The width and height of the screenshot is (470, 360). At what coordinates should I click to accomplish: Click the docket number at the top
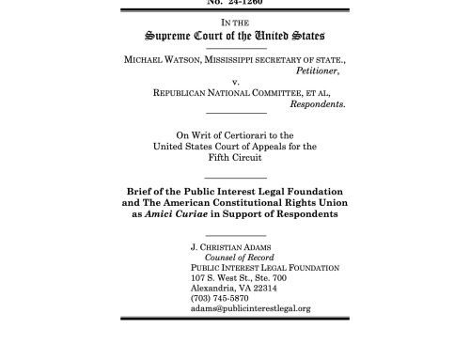click(x=234, y=3)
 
